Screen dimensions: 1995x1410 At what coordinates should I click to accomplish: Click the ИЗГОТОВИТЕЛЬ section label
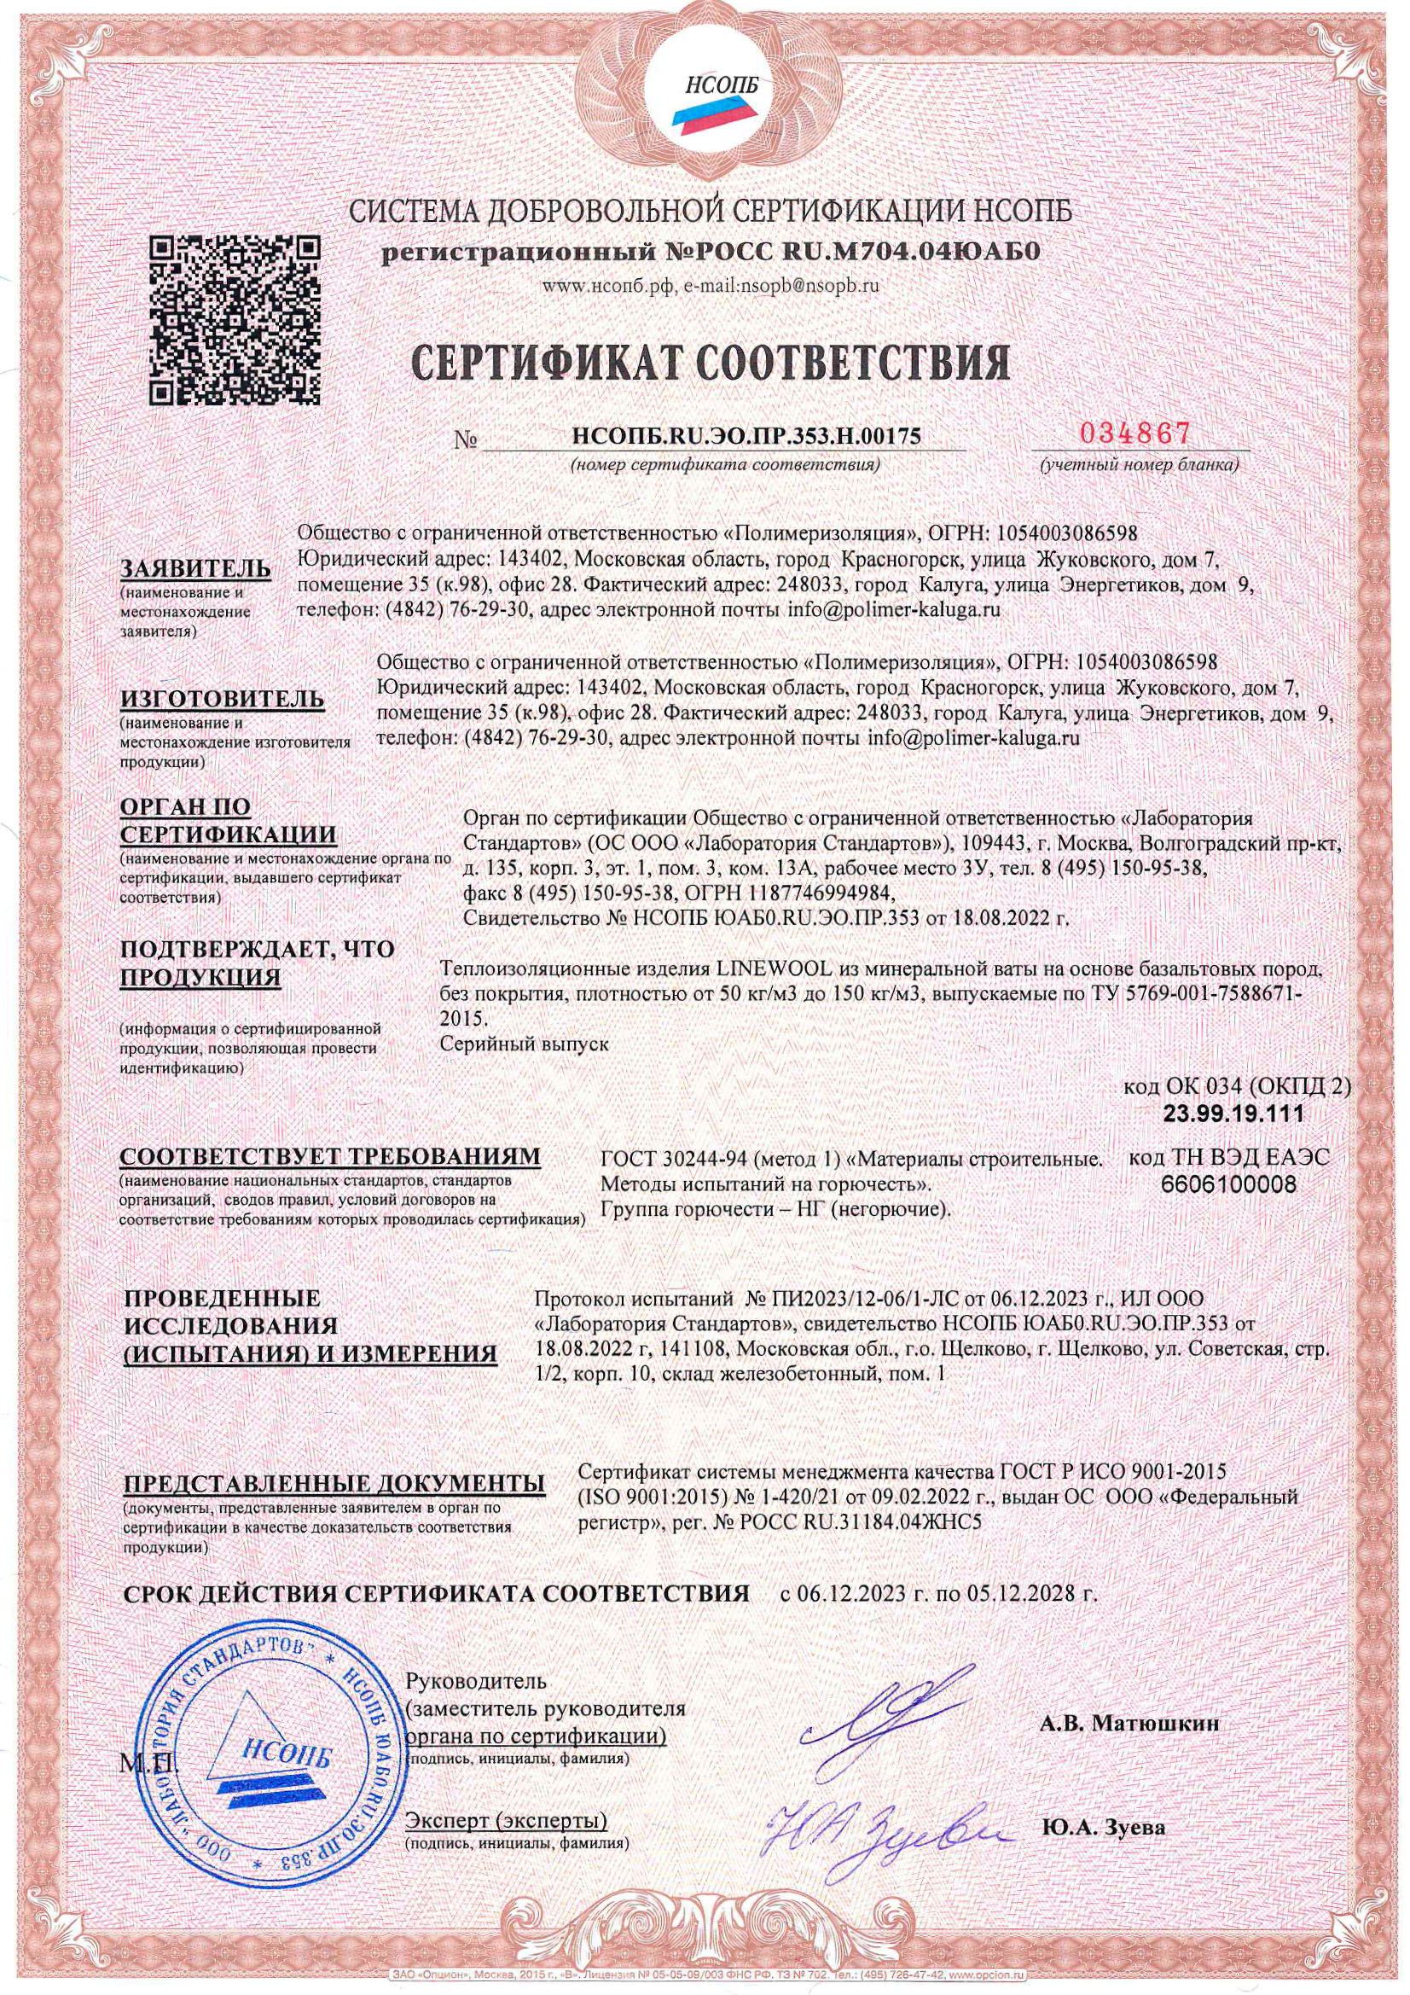pyautogui.click(x=223, y=700)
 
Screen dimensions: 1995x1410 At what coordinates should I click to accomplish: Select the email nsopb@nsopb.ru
pyautogui.click(x=809, y=284)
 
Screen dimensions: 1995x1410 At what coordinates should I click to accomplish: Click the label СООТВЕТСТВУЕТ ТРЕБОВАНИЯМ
pyautogui.click(x=330, y=1158)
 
